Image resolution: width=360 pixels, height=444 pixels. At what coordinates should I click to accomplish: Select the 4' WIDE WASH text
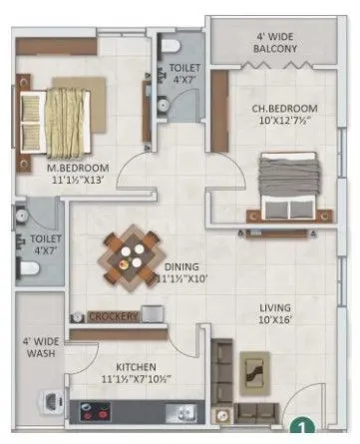[x=36, y=352]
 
